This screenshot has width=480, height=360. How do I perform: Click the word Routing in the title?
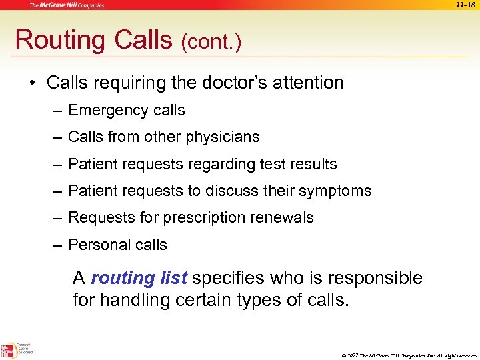61,41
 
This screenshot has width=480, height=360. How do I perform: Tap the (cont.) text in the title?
211,43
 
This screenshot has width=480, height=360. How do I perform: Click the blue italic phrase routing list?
139,277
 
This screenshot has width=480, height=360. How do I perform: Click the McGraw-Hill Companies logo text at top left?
66,5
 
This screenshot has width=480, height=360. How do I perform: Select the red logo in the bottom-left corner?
9,350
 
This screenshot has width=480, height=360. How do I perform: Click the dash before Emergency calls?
59,111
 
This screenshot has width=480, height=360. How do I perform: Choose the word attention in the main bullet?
311,83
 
